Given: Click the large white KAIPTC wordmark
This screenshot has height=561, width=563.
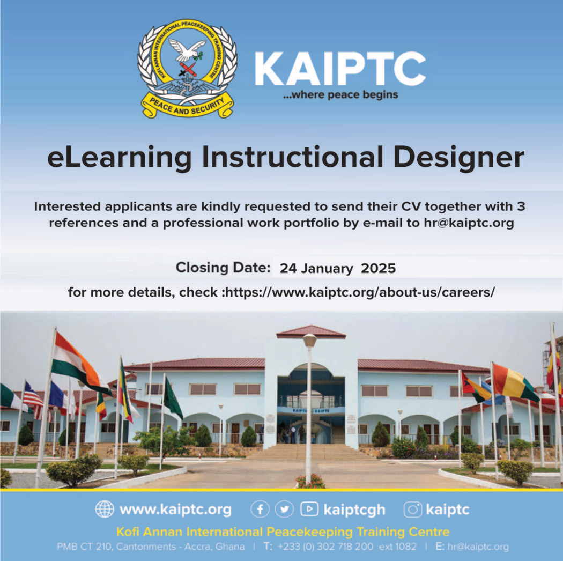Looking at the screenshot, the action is click(x=340, y=69).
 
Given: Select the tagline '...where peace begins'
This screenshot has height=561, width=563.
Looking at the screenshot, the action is click(x=340, y=95).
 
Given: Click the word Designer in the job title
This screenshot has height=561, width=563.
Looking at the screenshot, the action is click(x=459, y=158).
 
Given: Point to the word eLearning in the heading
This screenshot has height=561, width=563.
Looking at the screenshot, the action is click(x=120, y=158).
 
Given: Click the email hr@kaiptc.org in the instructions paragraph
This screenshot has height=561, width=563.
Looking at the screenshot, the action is click(x=469, y=223).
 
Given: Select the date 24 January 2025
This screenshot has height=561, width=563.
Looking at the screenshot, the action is click(x=337, y=269).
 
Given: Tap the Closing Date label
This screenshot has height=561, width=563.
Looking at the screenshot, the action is click(x=223, y=268).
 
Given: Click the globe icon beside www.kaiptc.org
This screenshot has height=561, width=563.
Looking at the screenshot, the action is click(x=105, y=510).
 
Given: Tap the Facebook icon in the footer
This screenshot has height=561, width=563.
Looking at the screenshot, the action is click(x=260, y=510).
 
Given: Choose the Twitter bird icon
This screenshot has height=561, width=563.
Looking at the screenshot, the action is click(x=284, y=510).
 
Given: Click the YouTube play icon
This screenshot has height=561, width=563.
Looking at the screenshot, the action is click(x=309, y=509).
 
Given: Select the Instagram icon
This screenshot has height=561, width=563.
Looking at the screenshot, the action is click(x=413, y=510).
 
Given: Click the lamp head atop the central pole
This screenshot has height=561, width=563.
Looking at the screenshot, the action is click(x=309, y=340).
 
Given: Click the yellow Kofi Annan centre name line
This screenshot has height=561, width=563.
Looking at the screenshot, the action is click(x=283, y=532).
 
